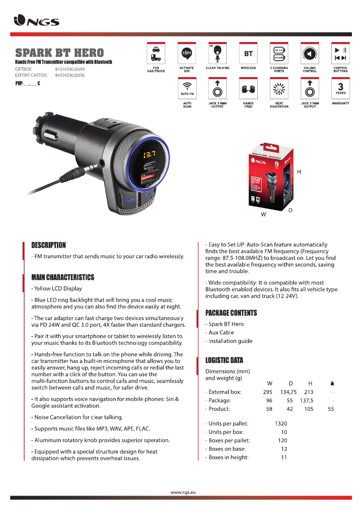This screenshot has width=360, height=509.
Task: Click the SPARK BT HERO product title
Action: [59, 53]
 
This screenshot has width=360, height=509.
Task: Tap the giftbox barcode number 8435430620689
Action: [70, 69]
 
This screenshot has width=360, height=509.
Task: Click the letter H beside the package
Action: [299, 172]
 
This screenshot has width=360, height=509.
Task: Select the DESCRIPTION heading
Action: [48, 245]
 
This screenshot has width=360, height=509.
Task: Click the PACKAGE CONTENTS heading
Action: [231, 312]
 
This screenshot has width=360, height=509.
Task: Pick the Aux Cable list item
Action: [220, 333]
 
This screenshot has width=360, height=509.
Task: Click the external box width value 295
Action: [268, 392]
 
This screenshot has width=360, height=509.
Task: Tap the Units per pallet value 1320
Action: [281, 423]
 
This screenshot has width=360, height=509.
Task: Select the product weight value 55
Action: [331, 409]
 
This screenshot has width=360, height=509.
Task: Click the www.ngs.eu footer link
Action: [183, 492]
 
